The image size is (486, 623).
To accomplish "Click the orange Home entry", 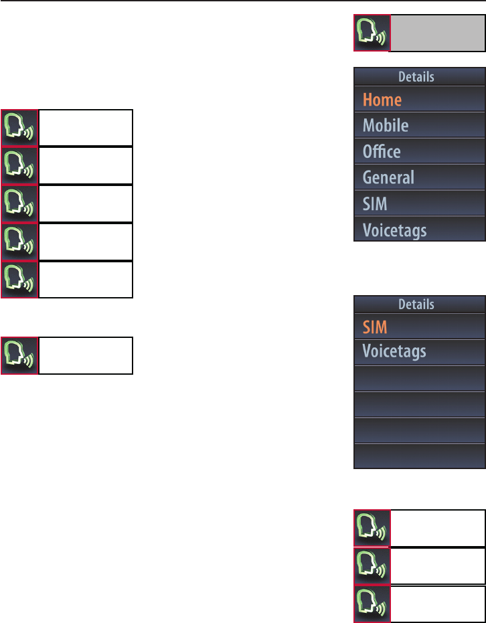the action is [382, 100].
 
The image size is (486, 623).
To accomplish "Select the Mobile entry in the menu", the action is [386, 126].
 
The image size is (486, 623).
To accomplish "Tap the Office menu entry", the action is [382, 152].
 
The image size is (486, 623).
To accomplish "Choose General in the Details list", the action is [388, 178].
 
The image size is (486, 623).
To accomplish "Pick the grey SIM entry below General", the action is [375, 203].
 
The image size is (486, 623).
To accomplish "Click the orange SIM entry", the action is [375, 328].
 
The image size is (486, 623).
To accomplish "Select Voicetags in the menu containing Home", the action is [394, 230].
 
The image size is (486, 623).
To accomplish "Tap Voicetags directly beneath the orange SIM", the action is [394, 352].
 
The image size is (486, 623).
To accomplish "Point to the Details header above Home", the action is [416, 77].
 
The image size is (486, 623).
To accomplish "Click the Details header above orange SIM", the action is [416, 304].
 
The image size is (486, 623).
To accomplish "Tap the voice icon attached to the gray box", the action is [372, 33].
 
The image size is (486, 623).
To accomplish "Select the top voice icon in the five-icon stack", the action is [19, 128].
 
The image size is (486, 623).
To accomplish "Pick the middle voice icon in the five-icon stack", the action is [19, 203].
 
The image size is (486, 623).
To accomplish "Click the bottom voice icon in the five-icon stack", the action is [19, 280].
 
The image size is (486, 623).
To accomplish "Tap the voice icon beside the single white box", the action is [19, 355].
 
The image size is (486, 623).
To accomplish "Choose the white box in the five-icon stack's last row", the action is [86, 280].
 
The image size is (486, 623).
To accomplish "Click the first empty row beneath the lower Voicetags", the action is [419, 379].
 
